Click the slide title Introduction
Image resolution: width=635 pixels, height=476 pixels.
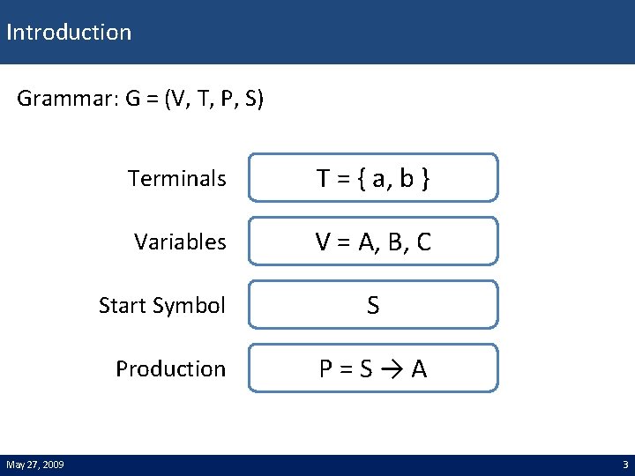tap(69, 33)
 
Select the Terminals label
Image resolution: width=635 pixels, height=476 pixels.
tap(176, 179)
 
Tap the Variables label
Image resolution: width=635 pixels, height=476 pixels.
tap(180, 242)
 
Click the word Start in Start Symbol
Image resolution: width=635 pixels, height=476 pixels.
tap(125, 306)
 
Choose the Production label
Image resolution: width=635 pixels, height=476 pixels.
tap(170, 369)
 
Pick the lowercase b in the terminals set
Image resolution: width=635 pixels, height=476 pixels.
tap(406, 179)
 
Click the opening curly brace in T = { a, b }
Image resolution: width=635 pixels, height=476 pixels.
tap(361, 180)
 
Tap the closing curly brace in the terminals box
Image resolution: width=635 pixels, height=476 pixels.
tap(425, 180)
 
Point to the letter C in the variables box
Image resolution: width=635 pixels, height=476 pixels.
tap(422, 242)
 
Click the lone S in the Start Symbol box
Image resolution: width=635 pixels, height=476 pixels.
tap(373, 306)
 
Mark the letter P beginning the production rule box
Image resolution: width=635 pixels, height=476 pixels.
tap(326, 369)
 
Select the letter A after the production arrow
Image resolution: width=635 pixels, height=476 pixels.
tap(419, 369)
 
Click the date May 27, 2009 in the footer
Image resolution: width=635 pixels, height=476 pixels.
tap(35, 465)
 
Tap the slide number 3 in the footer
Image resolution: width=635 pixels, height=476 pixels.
tap(625, 465)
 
